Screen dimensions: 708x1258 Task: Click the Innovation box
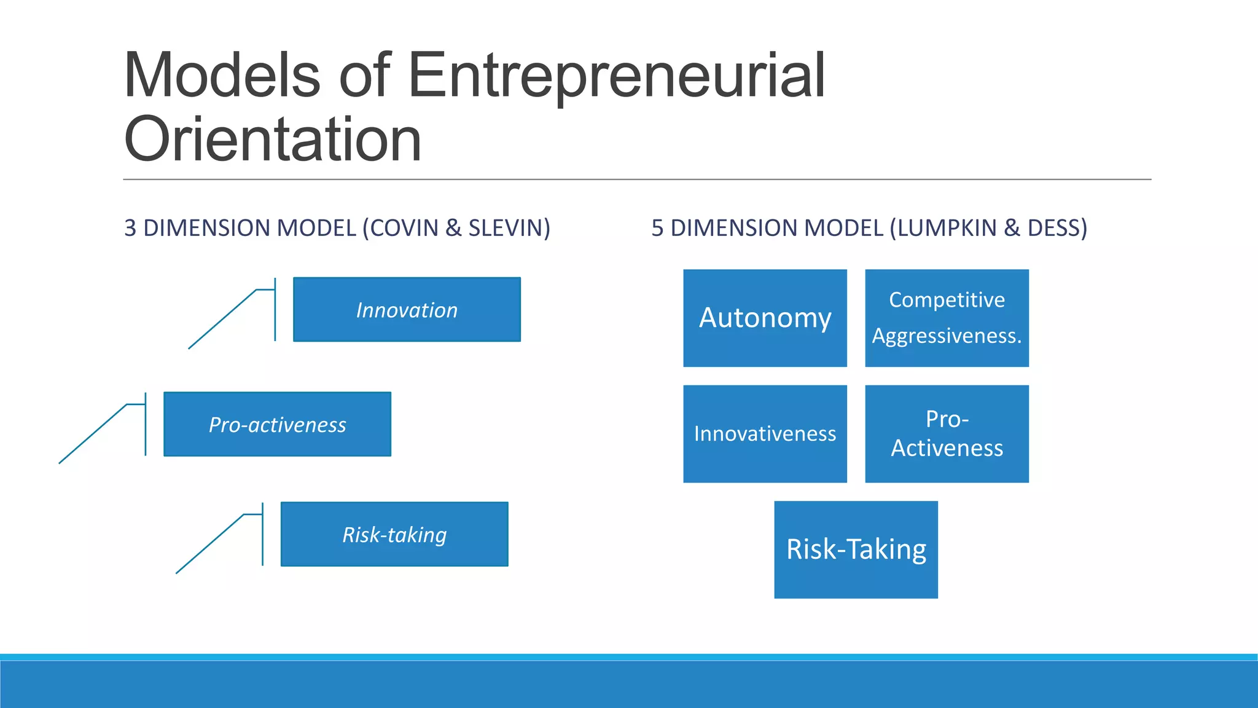point(407,310)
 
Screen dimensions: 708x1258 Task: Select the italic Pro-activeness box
point(277,424)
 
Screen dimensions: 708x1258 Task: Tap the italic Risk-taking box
point(394,534)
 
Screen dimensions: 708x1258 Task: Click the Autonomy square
point(765,318)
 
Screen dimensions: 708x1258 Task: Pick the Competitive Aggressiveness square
point(947,318)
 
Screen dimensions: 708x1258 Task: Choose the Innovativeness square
point(765,434)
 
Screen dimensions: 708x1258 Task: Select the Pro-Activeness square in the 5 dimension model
point(947,434)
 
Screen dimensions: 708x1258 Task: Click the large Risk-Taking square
point(856,549)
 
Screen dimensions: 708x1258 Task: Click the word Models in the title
point(222,76)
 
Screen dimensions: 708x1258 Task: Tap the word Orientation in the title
point(272,140)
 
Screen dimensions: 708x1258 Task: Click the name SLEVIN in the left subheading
point(509,228)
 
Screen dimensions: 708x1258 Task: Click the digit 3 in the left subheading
point(130,228)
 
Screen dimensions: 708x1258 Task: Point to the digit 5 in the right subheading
point(657,228)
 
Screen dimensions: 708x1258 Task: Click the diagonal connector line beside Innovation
point(222,319)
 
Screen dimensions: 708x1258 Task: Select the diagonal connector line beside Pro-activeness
point(92,434)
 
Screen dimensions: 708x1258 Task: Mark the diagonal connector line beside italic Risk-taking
point(209,544)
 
